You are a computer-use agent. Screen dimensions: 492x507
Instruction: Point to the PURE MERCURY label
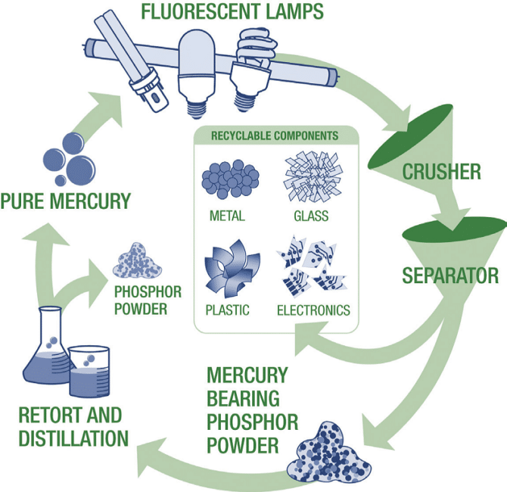coord(66,201)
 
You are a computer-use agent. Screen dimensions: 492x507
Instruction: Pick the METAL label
coord(227,216)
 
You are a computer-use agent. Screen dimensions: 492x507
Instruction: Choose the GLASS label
coord(311,216)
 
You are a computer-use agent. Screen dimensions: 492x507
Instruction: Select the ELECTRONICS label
coord(313,310)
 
